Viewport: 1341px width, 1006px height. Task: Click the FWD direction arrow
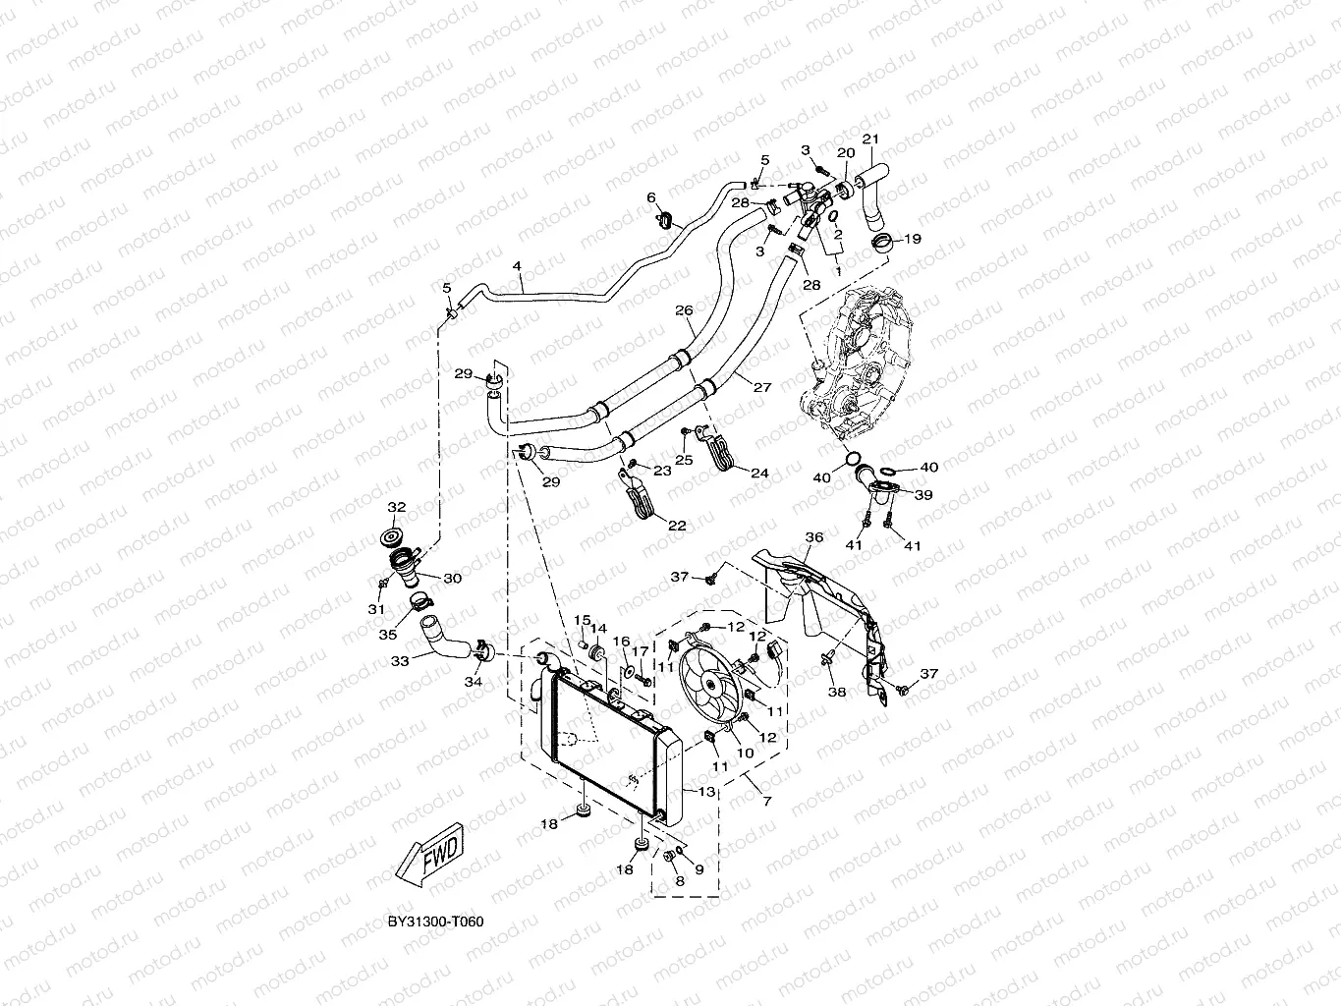pos(431,852)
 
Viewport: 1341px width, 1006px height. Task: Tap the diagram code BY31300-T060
pos(436,922)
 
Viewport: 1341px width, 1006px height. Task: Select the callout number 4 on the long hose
pos(517,265)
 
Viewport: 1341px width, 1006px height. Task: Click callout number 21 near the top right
pos(869,138)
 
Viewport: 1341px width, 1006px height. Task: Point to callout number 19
pos(913,238)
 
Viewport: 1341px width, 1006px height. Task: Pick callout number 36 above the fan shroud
pos(813,537)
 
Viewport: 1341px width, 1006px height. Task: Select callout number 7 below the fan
pos(766,802)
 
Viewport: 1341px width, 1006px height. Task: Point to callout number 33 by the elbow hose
pos(399,661)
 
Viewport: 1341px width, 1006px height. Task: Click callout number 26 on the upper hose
pos(684,310)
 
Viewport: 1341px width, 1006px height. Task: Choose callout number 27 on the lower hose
pos(762,386)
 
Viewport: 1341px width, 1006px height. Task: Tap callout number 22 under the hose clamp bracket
pos(676,526)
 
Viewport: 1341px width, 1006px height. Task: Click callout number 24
pos(759,474)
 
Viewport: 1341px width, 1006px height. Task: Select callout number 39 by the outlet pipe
pos(923,495)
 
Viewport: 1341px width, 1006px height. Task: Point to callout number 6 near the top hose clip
pos(650,197)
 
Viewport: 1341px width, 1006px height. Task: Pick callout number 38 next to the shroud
pos(836,692)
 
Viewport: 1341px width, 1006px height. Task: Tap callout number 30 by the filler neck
pos(452,579)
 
